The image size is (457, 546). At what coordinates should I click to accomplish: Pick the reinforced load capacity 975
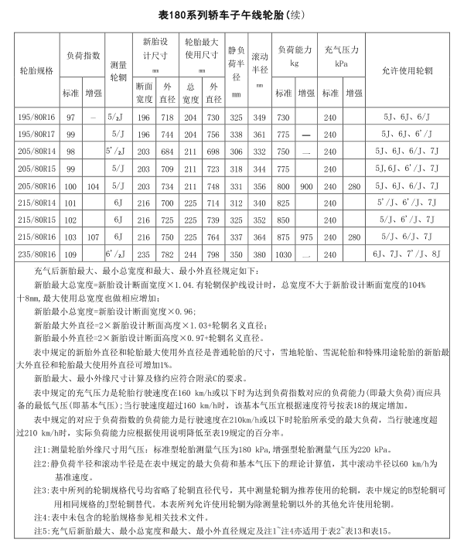[307, 237]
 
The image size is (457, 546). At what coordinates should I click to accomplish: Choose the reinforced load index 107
[94, 237]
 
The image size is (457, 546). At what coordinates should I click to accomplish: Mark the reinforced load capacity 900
[307, 186]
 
